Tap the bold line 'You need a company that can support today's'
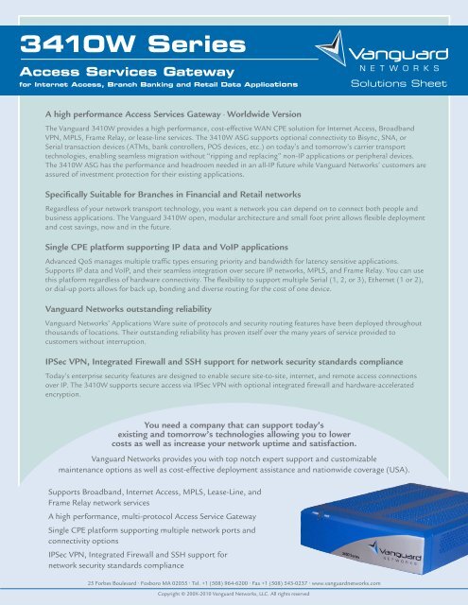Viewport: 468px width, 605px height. pos(234,424)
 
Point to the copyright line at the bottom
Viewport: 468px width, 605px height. pos(234,596)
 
